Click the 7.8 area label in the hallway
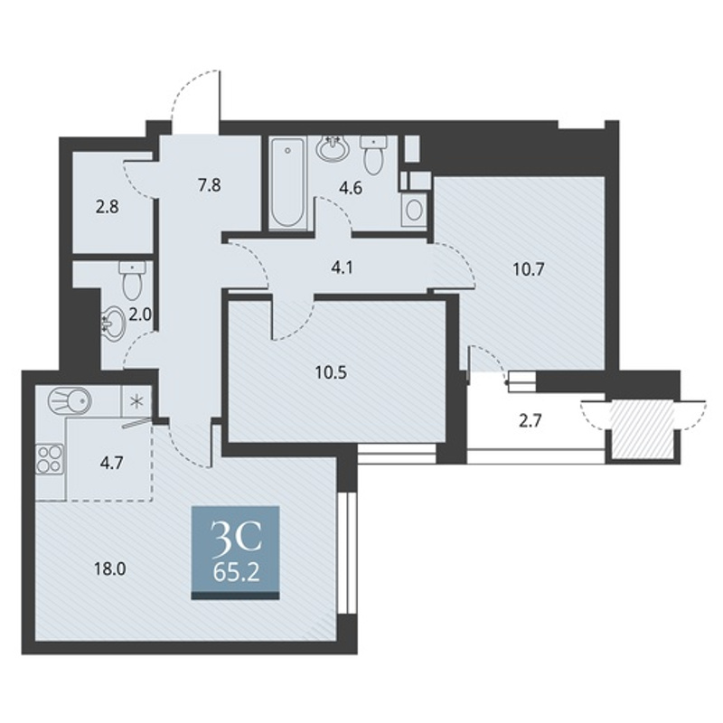210,186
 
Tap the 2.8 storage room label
107,207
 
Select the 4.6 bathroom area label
351,188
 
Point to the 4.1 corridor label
342,268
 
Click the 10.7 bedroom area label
529,269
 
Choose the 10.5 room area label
331,372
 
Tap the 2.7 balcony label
530,421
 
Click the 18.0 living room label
109,569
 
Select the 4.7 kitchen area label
111,463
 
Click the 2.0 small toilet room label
140,315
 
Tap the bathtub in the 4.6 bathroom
287,183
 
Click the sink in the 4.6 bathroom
333,147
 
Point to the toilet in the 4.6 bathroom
374,154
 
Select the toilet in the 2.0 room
132,279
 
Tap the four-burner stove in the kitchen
50,459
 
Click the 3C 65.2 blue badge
236,552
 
